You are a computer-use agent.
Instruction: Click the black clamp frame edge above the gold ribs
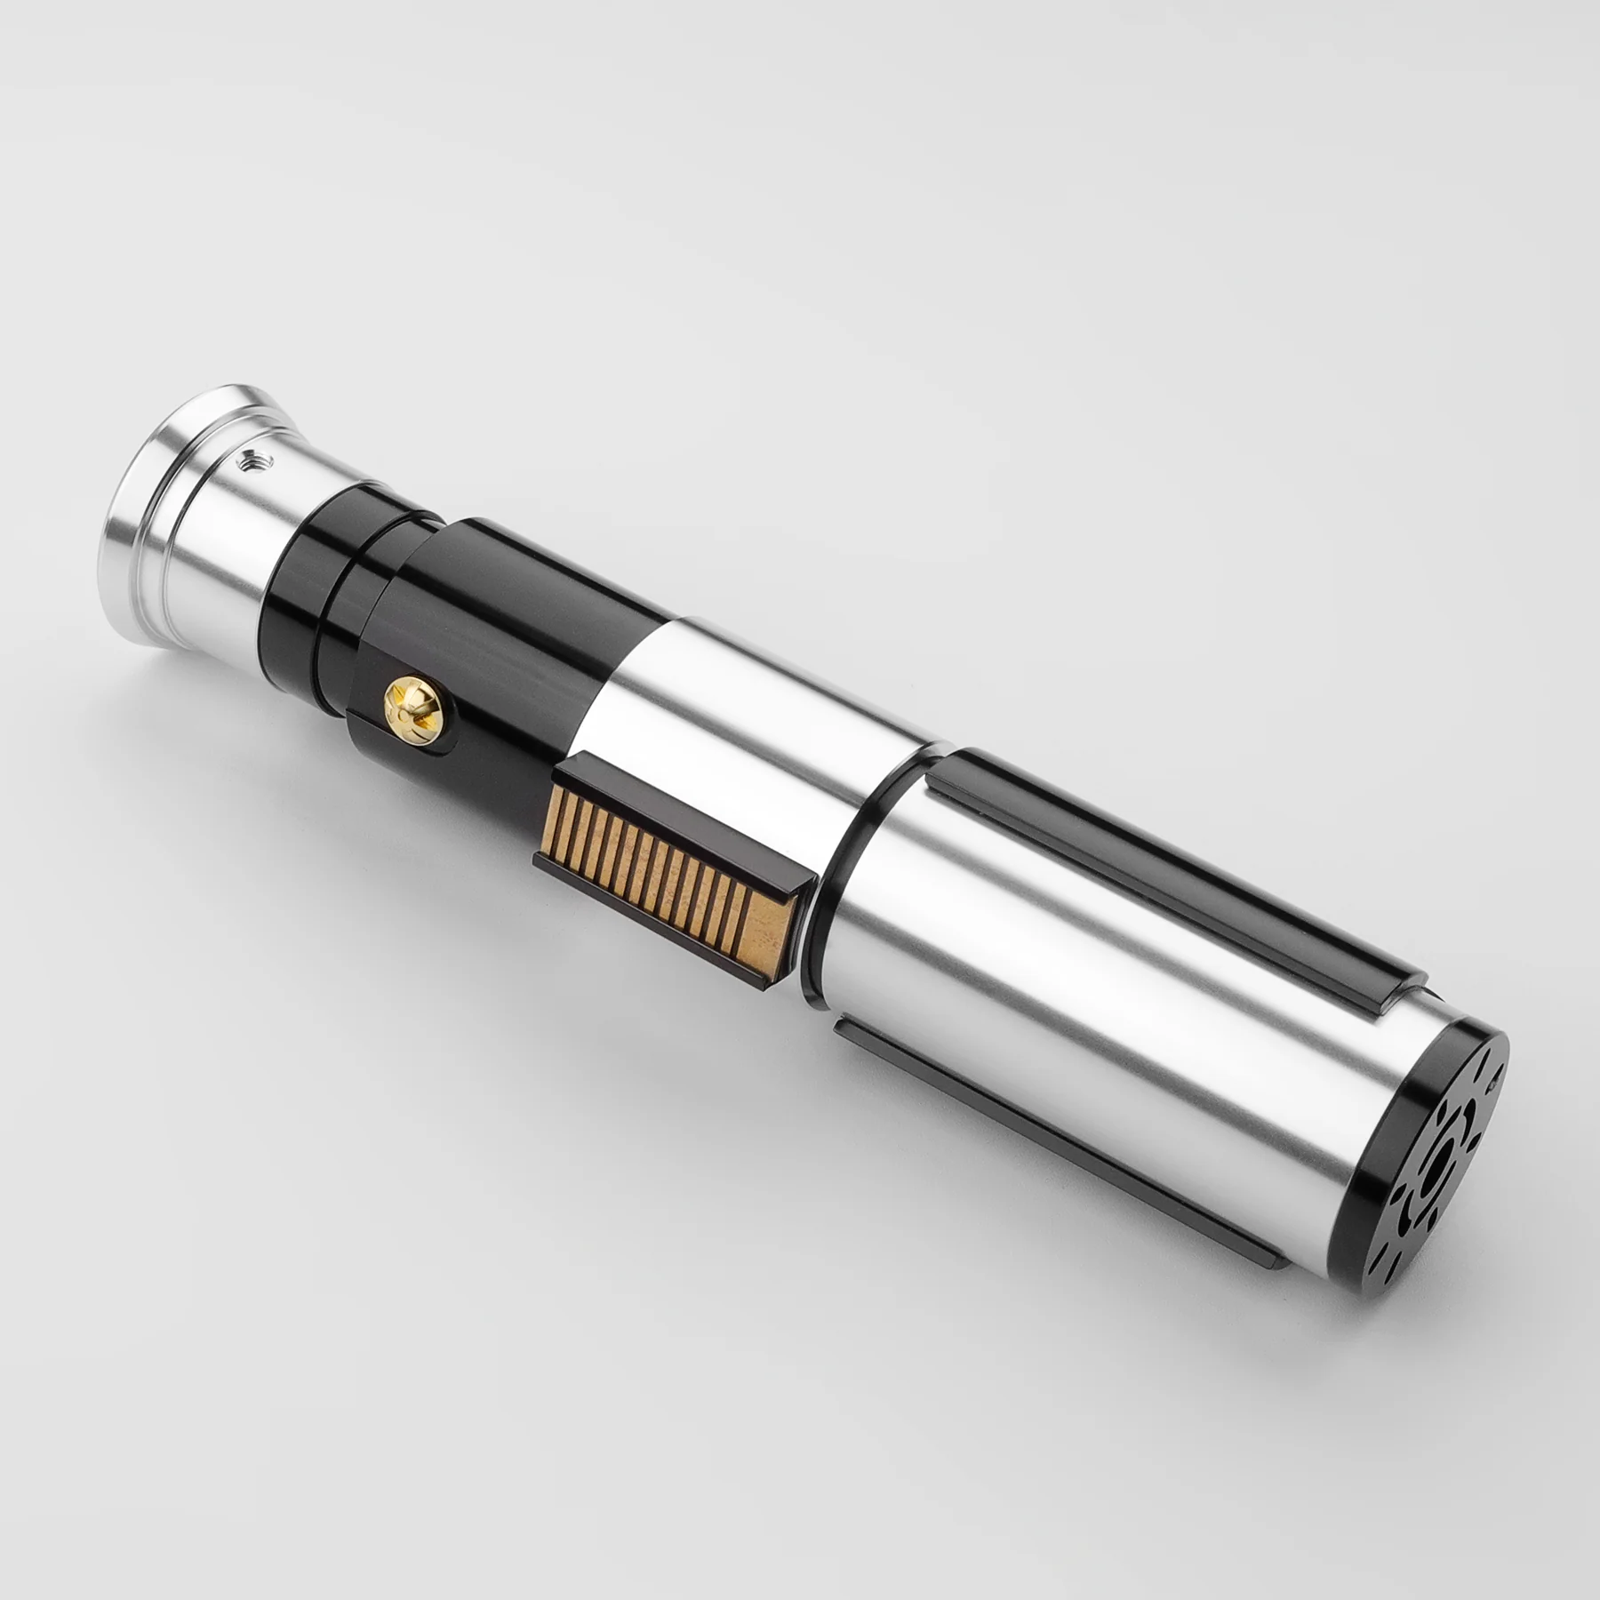[676, 796]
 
